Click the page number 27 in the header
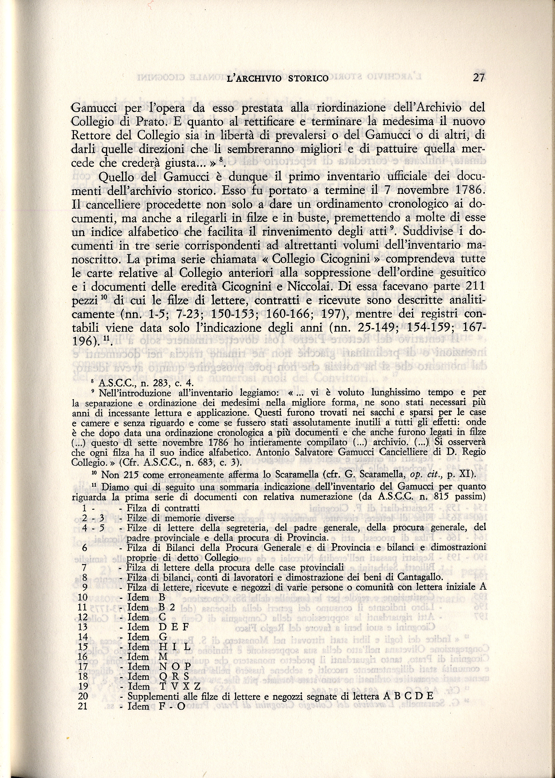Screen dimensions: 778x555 [x=478, y=78]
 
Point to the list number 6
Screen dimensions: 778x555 [x=85, y=548]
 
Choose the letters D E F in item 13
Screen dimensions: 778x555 [x=174, y=627]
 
